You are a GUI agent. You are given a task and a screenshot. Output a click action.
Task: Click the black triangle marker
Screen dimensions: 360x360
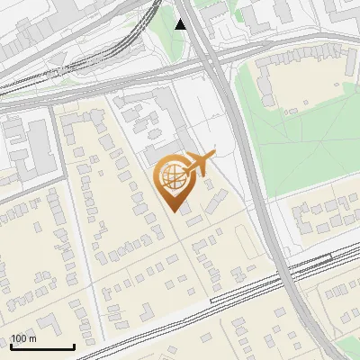coord(181,24)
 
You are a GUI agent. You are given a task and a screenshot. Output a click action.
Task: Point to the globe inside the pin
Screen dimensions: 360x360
coord(171,175)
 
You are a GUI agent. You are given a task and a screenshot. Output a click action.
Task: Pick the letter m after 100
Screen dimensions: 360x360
coord(32,338)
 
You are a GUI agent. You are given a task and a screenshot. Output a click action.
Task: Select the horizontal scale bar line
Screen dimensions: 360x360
coord(42,347)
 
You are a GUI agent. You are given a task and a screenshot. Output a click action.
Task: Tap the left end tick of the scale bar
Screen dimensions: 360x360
coord(11,346)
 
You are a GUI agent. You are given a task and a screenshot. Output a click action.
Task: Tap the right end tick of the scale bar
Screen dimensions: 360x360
coord(74,346)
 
